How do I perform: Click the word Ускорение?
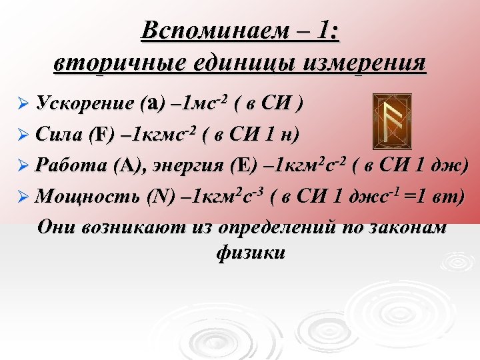click(86, 104)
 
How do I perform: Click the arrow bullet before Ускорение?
click(23, 105)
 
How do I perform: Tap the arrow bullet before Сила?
click(23, 136)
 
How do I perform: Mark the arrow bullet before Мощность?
click(23, 197)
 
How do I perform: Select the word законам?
click(407, 226)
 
